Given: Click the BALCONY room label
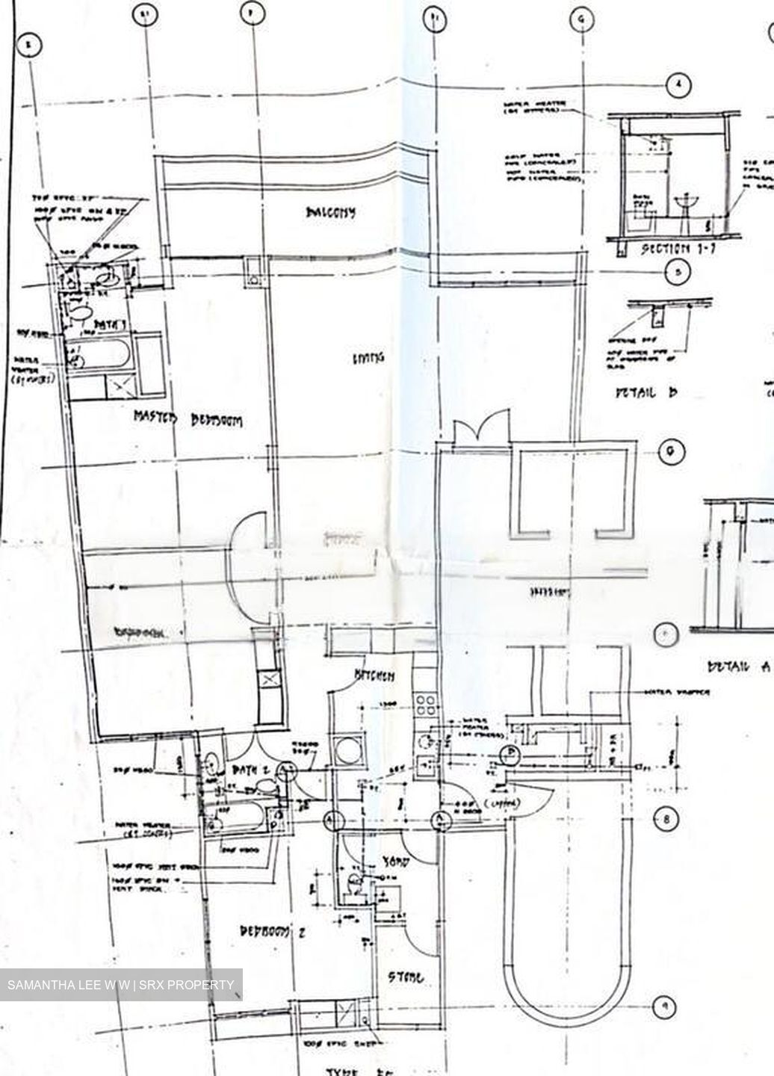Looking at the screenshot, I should [x=330, y=212].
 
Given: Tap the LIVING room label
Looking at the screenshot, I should [x=368, y=358].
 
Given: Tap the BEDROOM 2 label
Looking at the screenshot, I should [x=273, y=932].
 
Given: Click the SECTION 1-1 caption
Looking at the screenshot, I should [x=678, y=249].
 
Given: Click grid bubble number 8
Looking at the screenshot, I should [x=666, y=820].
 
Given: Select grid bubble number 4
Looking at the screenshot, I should [x=678, y=85].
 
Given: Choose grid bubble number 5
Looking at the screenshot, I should [x=677, y=273].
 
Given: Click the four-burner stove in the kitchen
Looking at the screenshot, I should [x=425, y=705].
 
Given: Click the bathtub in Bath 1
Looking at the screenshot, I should [x=100, y=353].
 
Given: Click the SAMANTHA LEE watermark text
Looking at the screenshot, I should [x=120, y=985].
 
